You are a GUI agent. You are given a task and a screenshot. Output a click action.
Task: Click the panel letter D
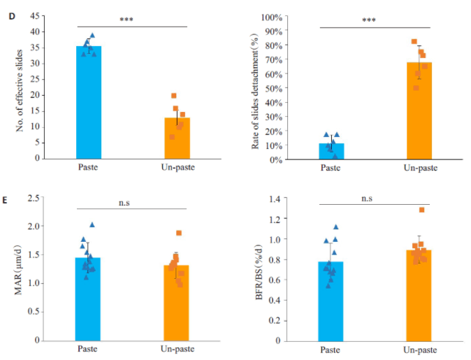pos(8,7)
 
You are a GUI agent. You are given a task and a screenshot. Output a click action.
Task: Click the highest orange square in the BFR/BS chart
pos(421,210)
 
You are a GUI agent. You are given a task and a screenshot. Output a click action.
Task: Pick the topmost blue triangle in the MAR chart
pos(92,225)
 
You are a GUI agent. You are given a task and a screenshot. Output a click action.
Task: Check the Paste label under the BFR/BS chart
pos(331,350)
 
